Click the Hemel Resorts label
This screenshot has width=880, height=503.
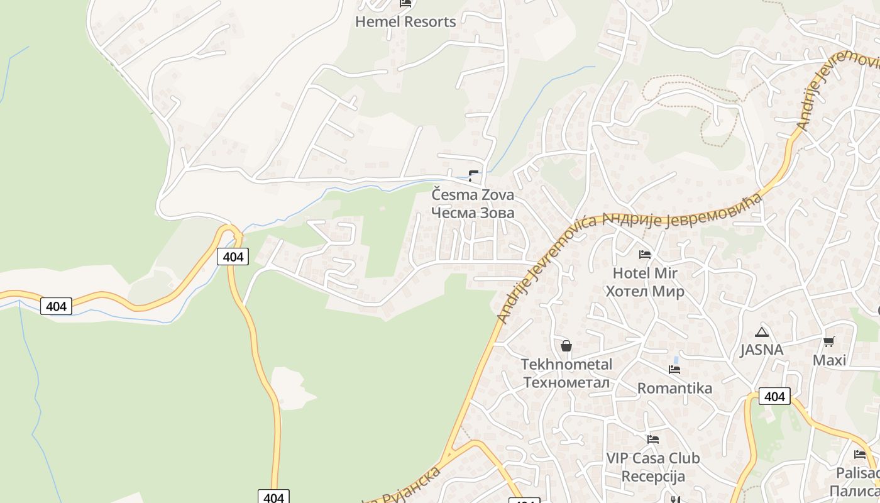tap(405, 22)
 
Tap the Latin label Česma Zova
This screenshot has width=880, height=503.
tap(473, 195)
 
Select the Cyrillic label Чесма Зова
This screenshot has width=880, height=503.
tap(473, 213)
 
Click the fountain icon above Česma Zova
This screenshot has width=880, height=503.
tap(473, 176)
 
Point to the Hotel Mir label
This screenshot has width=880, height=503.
tap(645, 274)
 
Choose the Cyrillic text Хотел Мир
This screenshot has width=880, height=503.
tap(645, 292)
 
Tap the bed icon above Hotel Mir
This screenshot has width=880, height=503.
tap(645, 255)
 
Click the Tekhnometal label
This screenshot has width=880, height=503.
tap(566, 365)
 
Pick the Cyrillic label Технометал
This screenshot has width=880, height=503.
tap(566, 382)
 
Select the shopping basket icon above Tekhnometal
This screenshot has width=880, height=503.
tap(566, 346)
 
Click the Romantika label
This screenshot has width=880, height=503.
tap(674, 388)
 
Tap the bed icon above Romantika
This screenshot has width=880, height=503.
tap(674, 370)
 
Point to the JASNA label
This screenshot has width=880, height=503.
tap(761, 350)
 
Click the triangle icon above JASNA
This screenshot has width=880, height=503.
tap(762, 332)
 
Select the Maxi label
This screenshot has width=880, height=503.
tap(829, 360)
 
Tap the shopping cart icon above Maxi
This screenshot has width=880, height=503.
tap(829, 342)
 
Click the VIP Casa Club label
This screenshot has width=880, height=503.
tap(653, 458)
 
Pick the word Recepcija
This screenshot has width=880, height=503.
tap(653, 476)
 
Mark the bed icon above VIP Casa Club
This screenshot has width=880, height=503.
tap(653, 439)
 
